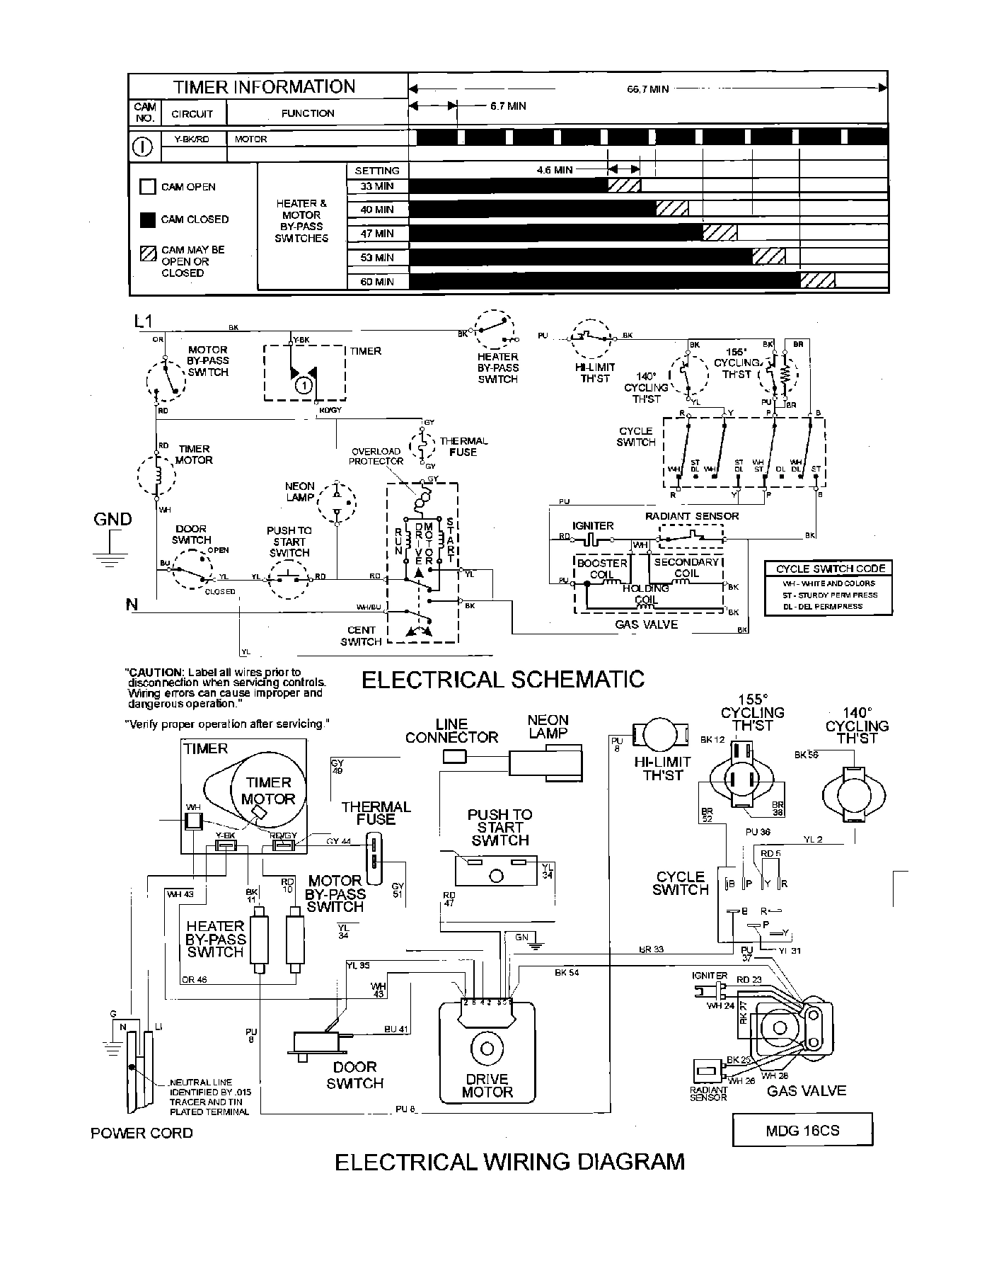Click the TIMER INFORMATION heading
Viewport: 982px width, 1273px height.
pyautogui.click(x=264, y=87)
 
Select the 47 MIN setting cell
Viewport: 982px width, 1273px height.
pyautogui.click(x=376, y=234)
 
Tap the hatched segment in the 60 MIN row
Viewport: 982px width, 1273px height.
pyautogui.click(x=817, y=281)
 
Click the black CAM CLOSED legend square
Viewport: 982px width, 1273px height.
pyautogui.click(x=147, y=219)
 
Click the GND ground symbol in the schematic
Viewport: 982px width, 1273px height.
pyautogui.click(x=108, y=556)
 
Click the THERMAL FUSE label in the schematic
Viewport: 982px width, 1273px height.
pyautogui.click(x=463, y=447)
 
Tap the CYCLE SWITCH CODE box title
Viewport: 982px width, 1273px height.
pyautogui.click(x=830, y=569)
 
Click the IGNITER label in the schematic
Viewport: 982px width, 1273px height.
pyautogui.click(x=593, y=525)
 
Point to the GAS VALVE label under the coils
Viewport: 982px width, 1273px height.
pyautogui.click(x=646, y=624)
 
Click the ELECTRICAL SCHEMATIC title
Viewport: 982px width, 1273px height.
pyautogui.click(x=503, y=680)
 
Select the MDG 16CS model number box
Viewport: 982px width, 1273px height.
pyautogui.click(x=802, y=1131)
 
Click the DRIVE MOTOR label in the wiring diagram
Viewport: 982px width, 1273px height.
pyautogui.click(x=487, y=1085)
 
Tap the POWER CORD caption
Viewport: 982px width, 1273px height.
pyautogui.click(x=141, y=1133)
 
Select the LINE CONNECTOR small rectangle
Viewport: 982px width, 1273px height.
pyautogui.click(x=454, y=757)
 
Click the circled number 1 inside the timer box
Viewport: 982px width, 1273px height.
pyautogui.click(x=302, y=386)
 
